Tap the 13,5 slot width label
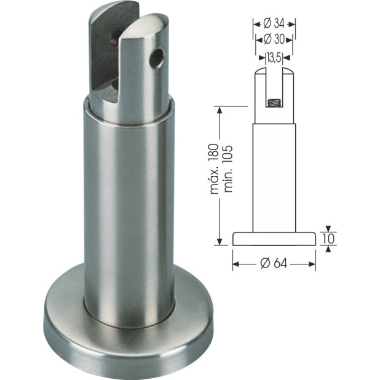[x=274, y=58]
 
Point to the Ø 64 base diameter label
[x=274, y=263]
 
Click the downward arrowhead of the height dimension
[x=218, y=241]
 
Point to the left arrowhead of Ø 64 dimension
[x=236, y=264]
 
